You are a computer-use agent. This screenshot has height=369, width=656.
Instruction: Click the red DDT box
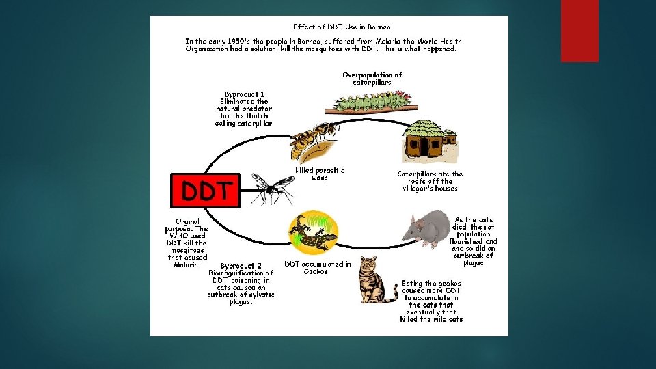click(x=205, y=189)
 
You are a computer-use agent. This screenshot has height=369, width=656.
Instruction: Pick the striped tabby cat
click(x=374, y=280)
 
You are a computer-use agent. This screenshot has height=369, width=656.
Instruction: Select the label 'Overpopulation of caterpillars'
click(x=372, y=78)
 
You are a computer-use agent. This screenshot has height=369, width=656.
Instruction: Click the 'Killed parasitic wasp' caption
click(x=320, y=174)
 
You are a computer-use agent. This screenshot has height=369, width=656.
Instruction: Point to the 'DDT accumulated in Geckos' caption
click(x=317, y=267)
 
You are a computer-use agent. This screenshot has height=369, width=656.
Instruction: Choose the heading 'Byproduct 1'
click(x=244, y=94)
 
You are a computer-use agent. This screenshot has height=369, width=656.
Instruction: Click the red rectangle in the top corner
click(x=579, y=31)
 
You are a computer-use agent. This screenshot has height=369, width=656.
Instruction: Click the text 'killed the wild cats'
click(x=431, y=319)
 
